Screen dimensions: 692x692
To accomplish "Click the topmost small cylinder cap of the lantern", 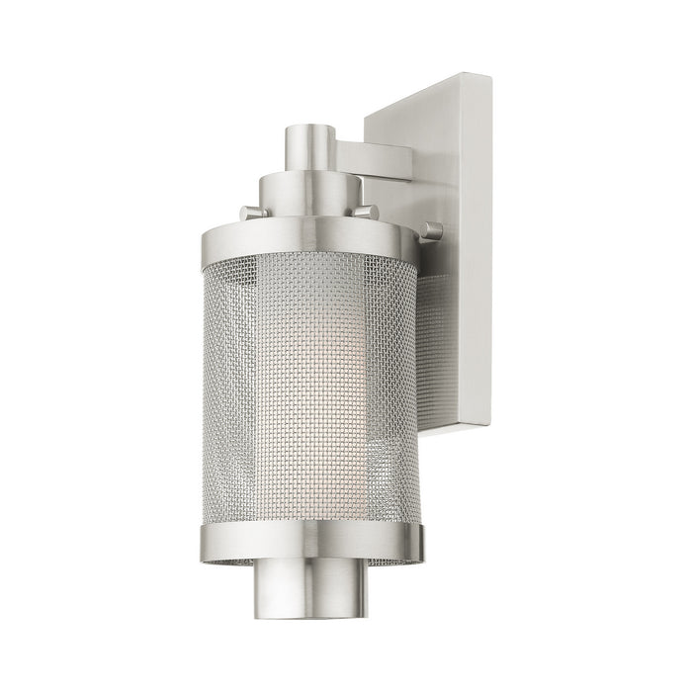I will coord(308,146).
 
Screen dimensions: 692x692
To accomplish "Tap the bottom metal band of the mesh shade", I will coord(311,540).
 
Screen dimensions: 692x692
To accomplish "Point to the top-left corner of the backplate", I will coord(367,120).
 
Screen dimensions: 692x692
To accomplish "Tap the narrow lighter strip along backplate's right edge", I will coord(487,247).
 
